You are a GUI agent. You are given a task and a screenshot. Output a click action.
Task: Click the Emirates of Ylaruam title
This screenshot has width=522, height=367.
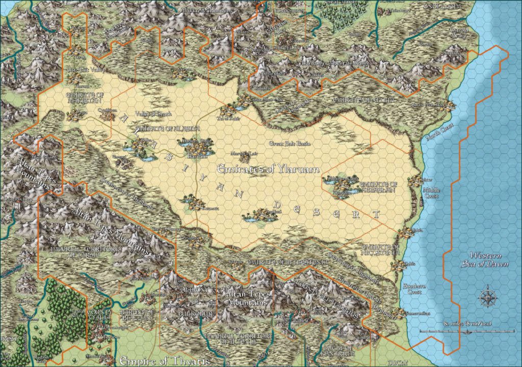pos(268,169)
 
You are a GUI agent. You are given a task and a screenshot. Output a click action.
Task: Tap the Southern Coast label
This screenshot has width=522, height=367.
pos(412,289)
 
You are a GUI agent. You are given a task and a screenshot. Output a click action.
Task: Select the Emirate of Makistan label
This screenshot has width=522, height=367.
pos(83,97)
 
